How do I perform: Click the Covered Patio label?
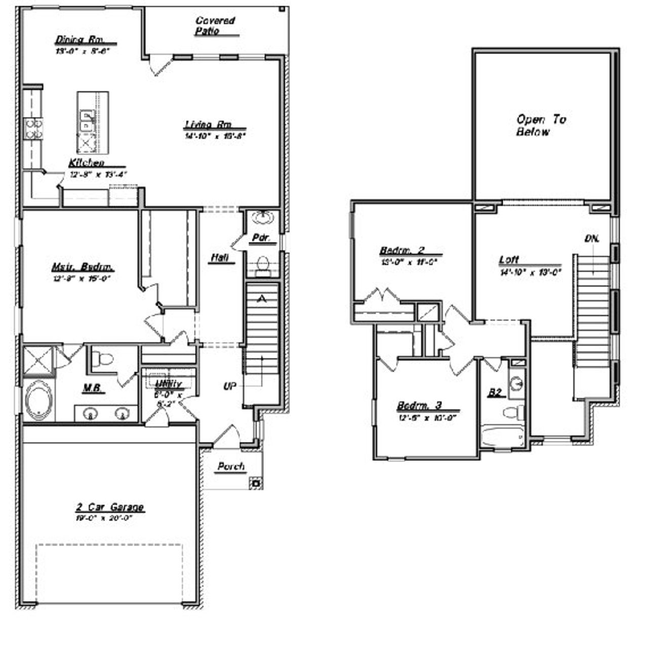click(215, 26)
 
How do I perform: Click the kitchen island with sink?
click(93, 122)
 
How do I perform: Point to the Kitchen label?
click(87, 163)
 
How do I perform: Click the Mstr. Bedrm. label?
click(83, 267)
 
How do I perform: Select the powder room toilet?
click(262, 265)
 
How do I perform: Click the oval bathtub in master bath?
click(38, 400)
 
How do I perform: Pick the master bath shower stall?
click(38, 360)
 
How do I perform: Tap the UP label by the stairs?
click(230, 386)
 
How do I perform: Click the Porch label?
click(231, 466)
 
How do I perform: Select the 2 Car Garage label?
click(110, 507)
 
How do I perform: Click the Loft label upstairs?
click(509, 260)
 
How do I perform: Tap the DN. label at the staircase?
click(591, 238)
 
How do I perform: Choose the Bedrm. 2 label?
click(402, 250)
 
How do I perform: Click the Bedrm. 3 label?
click(419, 406)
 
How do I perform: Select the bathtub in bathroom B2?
click(503, 437)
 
